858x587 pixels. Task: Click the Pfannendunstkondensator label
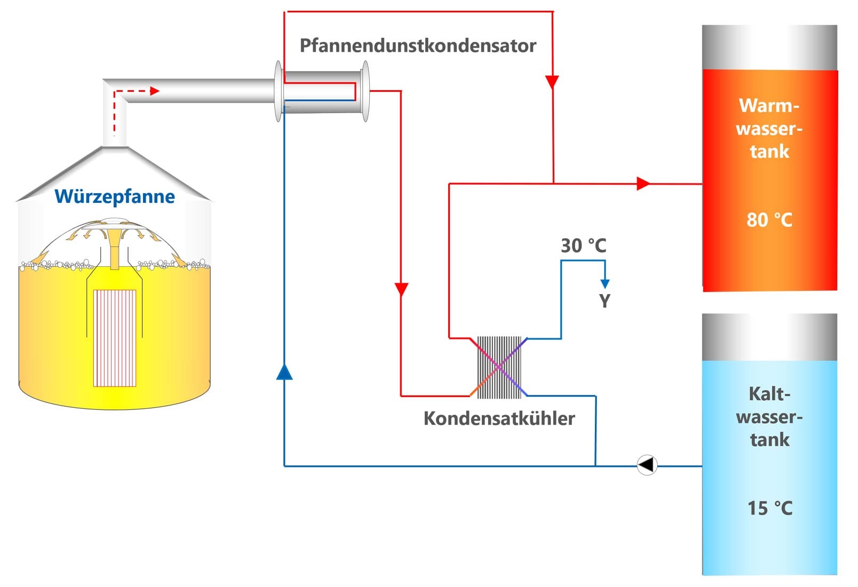(x=418, y=46)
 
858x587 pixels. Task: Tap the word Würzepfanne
(x=115, y=196)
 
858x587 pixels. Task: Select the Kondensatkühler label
(x=499, y=418)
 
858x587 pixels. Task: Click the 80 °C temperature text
(x=769, y=220)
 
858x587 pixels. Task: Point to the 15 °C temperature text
(x=769, y=508)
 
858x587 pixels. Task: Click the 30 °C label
(x=583, y=245)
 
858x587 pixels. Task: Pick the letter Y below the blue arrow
(x=604, y=301)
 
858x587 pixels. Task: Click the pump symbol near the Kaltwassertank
(x=647, y=465)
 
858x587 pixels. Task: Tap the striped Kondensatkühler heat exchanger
(x=499, y=367)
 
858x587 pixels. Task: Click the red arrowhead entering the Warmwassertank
(x=643, y=184)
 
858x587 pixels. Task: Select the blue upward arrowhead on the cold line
(x=284, y=372)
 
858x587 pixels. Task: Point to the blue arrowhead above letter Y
(x=605, y=283)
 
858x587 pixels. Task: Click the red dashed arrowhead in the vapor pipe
(x=155, y=91)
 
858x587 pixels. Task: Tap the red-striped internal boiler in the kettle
(x=115, y=338)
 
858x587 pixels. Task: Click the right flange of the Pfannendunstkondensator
(x=366, y=91)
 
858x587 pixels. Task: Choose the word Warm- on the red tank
(x=769, y=106)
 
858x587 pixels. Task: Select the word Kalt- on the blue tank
(x=769, y=394)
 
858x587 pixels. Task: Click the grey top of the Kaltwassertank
(x=769, y=337)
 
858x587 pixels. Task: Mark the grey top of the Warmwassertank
(x=769, y=47)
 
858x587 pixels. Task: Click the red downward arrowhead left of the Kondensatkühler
(x=401, y=290)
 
